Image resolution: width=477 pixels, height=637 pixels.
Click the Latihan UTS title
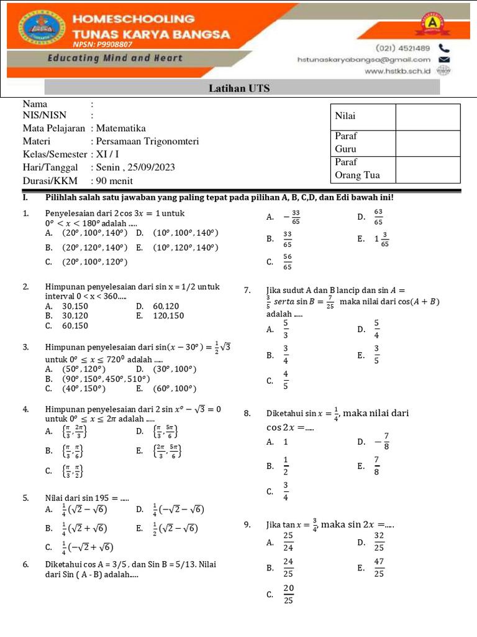coord(239,88)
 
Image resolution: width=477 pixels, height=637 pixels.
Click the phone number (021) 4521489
coord(403,47)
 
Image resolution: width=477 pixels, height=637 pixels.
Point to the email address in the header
coord(363,60)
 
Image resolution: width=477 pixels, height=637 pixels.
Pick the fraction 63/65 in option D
coord(378,216)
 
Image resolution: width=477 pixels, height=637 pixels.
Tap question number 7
coord(248,290)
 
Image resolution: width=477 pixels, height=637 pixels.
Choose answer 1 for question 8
coord(286,442)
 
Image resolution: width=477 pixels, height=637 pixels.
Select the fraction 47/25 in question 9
coord(378,567)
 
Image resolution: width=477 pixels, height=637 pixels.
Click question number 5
coord(25,498)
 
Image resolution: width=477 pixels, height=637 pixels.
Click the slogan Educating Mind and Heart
coord(115,58)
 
